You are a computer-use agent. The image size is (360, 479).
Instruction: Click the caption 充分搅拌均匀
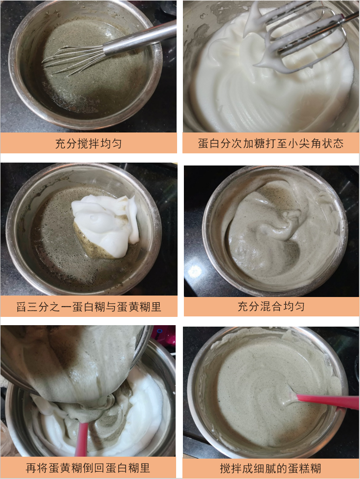(88, 144)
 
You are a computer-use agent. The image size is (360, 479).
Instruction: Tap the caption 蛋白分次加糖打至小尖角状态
(271, 144)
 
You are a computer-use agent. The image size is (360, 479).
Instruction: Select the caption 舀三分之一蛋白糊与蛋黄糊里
(88, 307)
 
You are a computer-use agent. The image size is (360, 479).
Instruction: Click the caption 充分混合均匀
(271, 307)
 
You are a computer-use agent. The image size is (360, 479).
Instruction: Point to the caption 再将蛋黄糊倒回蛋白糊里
(88, 468)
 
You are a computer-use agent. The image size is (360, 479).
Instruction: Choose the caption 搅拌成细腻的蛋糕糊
(270, 468)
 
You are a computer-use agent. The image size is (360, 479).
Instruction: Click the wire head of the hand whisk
(73, 60)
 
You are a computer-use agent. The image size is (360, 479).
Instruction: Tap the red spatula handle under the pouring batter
(82, 439)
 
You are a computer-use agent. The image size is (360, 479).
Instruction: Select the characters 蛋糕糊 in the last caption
(306, 468)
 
